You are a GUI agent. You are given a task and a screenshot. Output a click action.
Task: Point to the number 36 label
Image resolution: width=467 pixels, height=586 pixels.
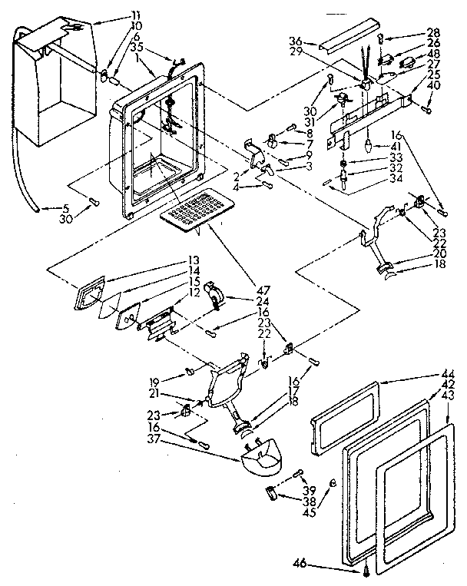(296, 41)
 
